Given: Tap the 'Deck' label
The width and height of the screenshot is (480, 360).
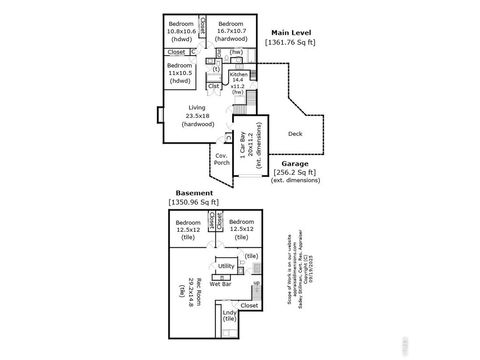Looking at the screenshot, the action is coord(295,133).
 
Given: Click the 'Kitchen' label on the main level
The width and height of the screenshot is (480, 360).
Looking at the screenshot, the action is coord(238,75).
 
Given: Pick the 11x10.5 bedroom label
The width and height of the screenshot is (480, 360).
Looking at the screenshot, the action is coord(181,69).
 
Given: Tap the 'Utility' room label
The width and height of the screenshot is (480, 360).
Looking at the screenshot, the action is coord(226,267).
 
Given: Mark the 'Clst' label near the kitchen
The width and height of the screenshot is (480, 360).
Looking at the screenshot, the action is coord(214,85).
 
